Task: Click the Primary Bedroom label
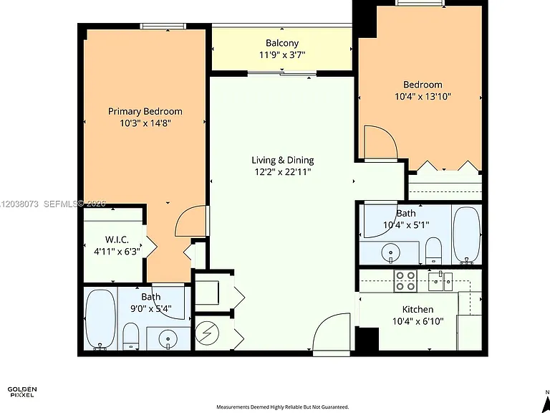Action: (x=145, y=111)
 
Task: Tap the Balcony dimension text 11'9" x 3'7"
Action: (x=282, y=54)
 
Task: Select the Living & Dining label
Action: (x=283, y=160)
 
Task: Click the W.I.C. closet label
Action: (x=117, y=240)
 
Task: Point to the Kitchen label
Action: (x=418, y=310)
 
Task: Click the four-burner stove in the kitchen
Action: (x=405, y=281)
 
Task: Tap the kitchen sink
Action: (x=440, y=281)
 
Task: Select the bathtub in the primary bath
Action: (x=100, y=320)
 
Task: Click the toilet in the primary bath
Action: (x=131, y=336)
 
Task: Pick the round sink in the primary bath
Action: (x=168, y=339)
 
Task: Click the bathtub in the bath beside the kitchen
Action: (x=466, y=234)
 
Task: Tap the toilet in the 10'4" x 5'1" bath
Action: (x=433, y=250)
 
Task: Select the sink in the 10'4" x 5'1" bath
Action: (x=390, y=252)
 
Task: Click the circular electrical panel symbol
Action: (x=207, y=333)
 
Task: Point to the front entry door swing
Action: (x=331, y=333)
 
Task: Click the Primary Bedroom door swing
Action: (x=190, y=222)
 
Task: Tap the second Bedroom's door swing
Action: (x=381, y=142)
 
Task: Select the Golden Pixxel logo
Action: (x=21, y=392)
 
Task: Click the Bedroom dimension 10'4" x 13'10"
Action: (x=423, y=96)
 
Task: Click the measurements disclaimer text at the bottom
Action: (x=283, y=407)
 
